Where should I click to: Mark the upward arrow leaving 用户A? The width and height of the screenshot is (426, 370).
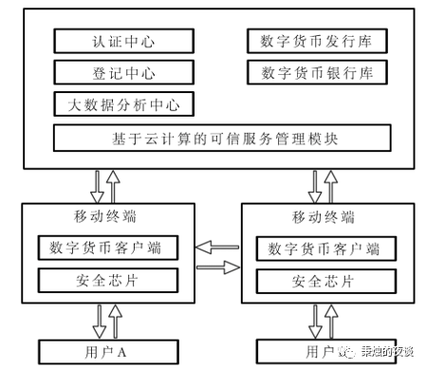click(116, 321)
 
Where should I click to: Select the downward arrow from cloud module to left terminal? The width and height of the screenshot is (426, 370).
click(98, 184)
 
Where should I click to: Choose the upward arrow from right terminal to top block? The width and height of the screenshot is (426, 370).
click(329, 184)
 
